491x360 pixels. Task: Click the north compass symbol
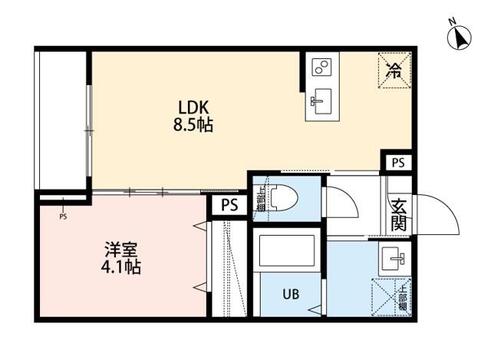tap(460, 38)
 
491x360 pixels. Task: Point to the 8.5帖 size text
tap(193, 124)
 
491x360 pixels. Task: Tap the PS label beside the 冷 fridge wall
tap(397, 163)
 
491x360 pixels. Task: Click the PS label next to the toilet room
tap(229, 205)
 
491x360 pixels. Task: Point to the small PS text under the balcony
tap(63, 216)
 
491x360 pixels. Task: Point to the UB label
tap(290, 294)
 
